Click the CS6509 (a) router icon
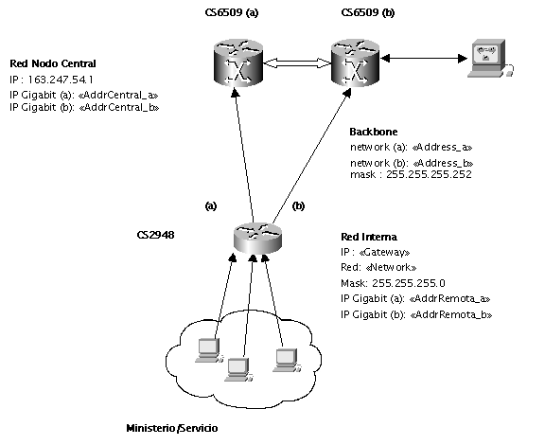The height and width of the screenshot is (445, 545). (238, 62)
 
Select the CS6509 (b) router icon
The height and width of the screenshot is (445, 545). (355, 62)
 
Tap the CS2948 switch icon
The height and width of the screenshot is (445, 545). (257, 238)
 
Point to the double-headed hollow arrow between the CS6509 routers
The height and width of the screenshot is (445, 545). (297, 63)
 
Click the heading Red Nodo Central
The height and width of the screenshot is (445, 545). (53, 63)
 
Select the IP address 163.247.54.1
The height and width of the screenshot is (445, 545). (61, 80)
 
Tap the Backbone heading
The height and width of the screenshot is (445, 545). (374, 132)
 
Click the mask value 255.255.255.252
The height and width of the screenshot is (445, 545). (429, 174)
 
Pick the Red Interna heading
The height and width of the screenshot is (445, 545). (369, 237)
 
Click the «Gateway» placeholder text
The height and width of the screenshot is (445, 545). (384, 252)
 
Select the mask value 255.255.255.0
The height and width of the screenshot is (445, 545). (409, 283)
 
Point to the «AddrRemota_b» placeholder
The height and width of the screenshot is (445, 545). (451, 314)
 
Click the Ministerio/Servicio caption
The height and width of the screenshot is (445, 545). (172, 428)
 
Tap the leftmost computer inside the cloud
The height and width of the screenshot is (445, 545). (209, 350)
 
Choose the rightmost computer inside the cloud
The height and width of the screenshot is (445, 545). (287, 361)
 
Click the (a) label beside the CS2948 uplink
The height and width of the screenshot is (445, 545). (211, 206)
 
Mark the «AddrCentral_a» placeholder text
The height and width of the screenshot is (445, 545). (118, 95)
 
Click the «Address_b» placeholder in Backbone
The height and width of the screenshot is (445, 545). (443, 163)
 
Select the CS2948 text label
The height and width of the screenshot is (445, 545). (156, 235)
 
